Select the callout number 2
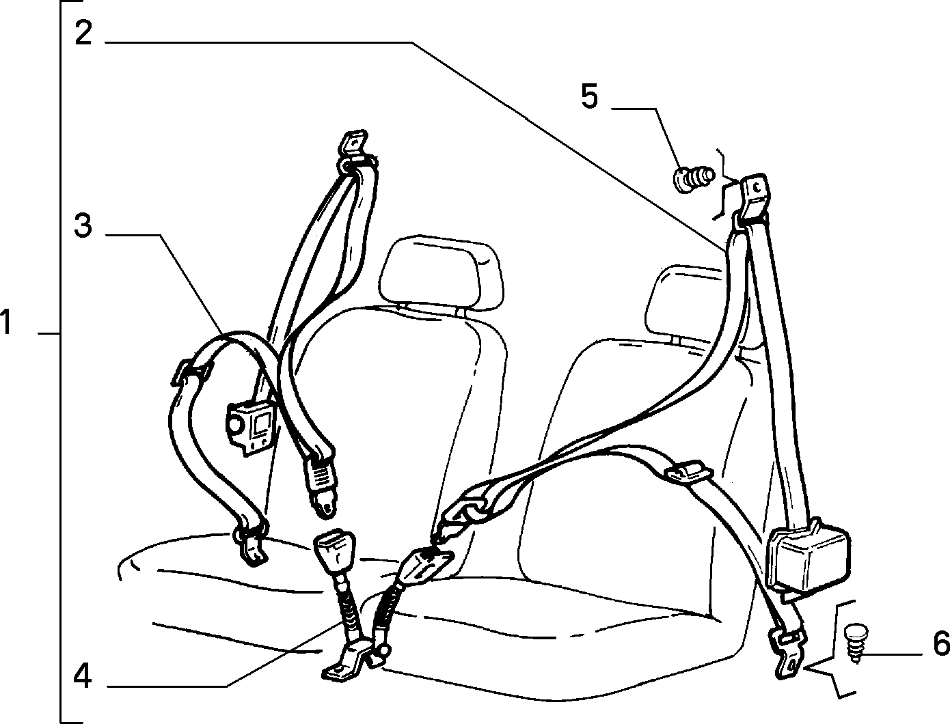(x=83, y=32)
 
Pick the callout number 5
(x=589, y=96)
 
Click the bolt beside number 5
(x=692, y=180)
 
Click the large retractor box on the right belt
(x=806, y=555)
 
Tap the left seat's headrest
(x=441, y=273)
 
